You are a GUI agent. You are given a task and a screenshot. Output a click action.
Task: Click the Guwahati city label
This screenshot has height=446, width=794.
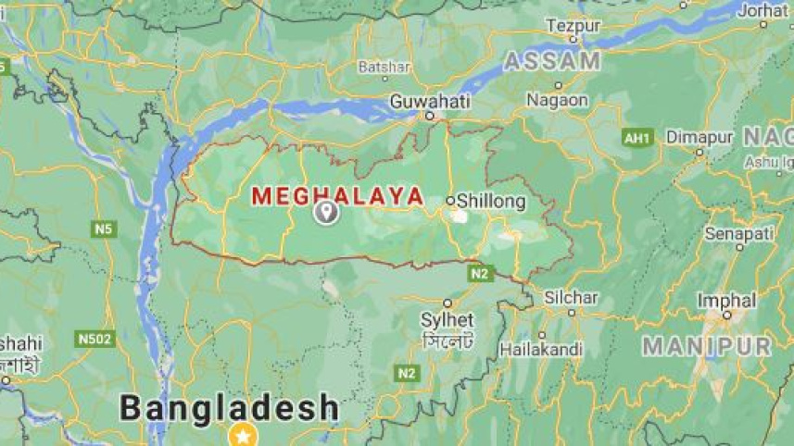coord(429,100)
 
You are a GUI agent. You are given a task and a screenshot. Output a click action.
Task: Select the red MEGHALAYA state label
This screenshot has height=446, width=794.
coord(338,196)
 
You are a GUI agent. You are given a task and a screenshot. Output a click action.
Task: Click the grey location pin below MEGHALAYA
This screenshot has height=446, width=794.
coord(325,213)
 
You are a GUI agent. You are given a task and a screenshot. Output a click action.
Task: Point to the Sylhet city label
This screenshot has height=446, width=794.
coord(447,320)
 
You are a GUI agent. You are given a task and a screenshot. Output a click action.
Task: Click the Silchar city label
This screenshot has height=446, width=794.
coord(571,298)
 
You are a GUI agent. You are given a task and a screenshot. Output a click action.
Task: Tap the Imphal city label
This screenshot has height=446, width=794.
coord(726,301)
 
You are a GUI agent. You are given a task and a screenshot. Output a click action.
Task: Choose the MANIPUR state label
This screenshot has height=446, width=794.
coord(707,347)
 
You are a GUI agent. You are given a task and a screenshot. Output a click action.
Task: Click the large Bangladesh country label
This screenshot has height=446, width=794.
coord(230,407)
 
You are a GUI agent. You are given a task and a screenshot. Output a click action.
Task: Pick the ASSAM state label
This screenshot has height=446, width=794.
coord(552,61)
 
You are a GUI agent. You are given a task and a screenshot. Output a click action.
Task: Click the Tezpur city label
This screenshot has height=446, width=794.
coord(573,26)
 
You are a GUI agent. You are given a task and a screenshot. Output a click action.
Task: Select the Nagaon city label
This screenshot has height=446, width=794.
coord(557,99)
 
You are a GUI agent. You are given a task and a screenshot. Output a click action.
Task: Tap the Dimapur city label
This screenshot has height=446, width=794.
coord(699,137)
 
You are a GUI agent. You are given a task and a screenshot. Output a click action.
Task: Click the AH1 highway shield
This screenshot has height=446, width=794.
coord(637,138)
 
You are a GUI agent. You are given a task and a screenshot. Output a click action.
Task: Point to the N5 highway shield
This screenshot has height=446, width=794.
coord(104,228)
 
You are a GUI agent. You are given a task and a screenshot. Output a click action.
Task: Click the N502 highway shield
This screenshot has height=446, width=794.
coord(95,340)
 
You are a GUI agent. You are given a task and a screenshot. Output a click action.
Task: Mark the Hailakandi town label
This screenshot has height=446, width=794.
coord(541,350)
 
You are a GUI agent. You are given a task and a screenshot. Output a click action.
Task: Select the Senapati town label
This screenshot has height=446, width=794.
coord(738,234)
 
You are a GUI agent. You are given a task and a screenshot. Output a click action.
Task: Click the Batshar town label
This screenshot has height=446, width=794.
coord(384,68)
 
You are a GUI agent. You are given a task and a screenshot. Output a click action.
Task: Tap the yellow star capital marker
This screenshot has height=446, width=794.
coord(243,433)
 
